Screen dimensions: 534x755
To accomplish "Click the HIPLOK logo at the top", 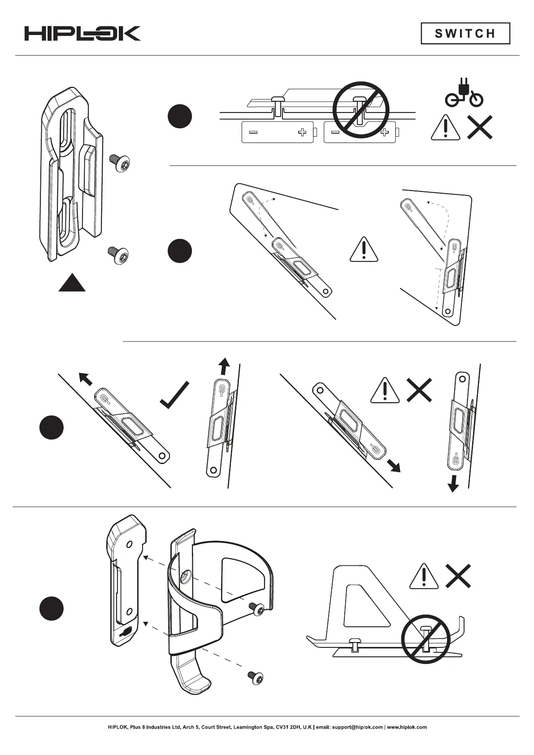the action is click(82, 34).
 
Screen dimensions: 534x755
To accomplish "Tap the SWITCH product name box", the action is click(465, 34).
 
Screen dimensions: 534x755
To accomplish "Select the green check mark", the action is click(175, 395).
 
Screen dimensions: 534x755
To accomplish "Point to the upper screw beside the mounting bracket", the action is click(120, 163).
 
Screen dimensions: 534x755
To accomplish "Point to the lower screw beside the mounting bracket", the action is click(119, 255).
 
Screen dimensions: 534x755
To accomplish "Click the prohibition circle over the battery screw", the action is click(360, 109).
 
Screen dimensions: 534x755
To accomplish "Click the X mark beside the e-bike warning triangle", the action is click(480, 127).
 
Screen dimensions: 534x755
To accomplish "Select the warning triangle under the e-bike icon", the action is click(445, 128).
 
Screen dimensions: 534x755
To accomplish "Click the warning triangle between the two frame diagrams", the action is click(364, 249).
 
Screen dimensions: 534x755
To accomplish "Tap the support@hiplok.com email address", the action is click(357, 727).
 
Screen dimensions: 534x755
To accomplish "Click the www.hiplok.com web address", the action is click(407, 727).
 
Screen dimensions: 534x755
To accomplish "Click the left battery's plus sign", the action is click(303, 132).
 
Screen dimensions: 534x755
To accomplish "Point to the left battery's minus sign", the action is click(253, 132).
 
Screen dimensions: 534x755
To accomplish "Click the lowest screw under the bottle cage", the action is click(255, 677).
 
